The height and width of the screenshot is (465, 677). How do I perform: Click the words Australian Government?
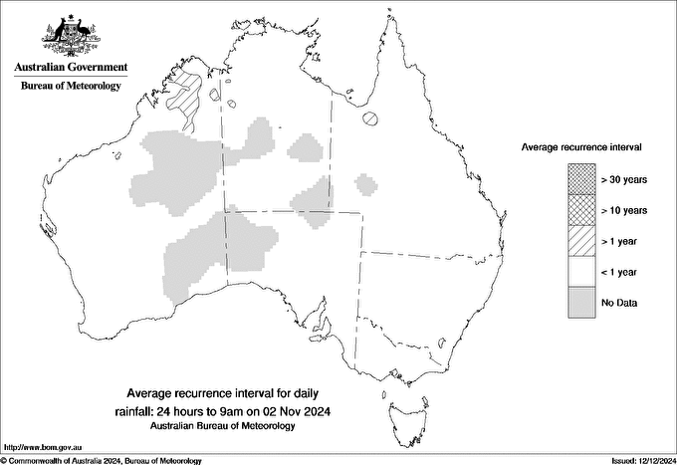tap(71, 68)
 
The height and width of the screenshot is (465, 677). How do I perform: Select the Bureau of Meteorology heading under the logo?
tap(71, 86)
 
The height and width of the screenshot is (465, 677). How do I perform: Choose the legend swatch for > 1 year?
tap(582, 240)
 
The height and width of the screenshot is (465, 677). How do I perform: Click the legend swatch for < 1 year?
tap(582, 271)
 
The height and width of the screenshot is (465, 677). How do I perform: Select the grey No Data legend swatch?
tap(582, 302)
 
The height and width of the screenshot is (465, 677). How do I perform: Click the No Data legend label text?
tap(618, 302)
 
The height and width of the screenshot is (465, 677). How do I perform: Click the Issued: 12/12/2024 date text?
tap(638, 460)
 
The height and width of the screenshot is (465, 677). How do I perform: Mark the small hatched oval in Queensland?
tap(369, 118)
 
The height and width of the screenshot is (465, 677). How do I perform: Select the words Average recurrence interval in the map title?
tap(189, 391)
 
